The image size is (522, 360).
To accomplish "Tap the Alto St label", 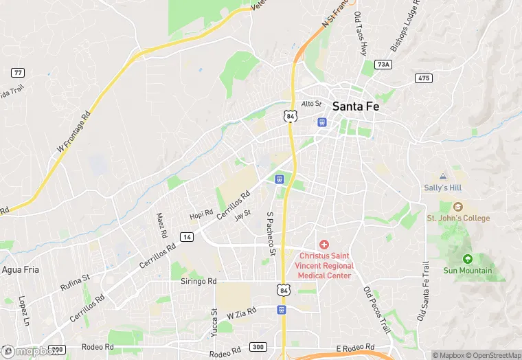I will [312, 104].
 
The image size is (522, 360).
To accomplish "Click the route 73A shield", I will [383, 65].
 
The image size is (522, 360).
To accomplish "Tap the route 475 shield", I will [423, 78].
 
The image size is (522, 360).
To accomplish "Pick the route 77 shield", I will [19, 72].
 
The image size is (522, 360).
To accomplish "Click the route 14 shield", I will [186, 236].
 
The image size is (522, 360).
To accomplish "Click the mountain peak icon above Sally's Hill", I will [442, 176].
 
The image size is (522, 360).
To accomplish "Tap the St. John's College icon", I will [459, 206].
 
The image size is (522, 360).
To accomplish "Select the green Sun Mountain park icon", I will [468, 259].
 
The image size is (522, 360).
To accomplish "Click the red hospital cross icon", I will [324, 245].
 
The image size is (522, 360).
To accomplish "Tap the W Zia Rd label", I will [241, 313].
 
